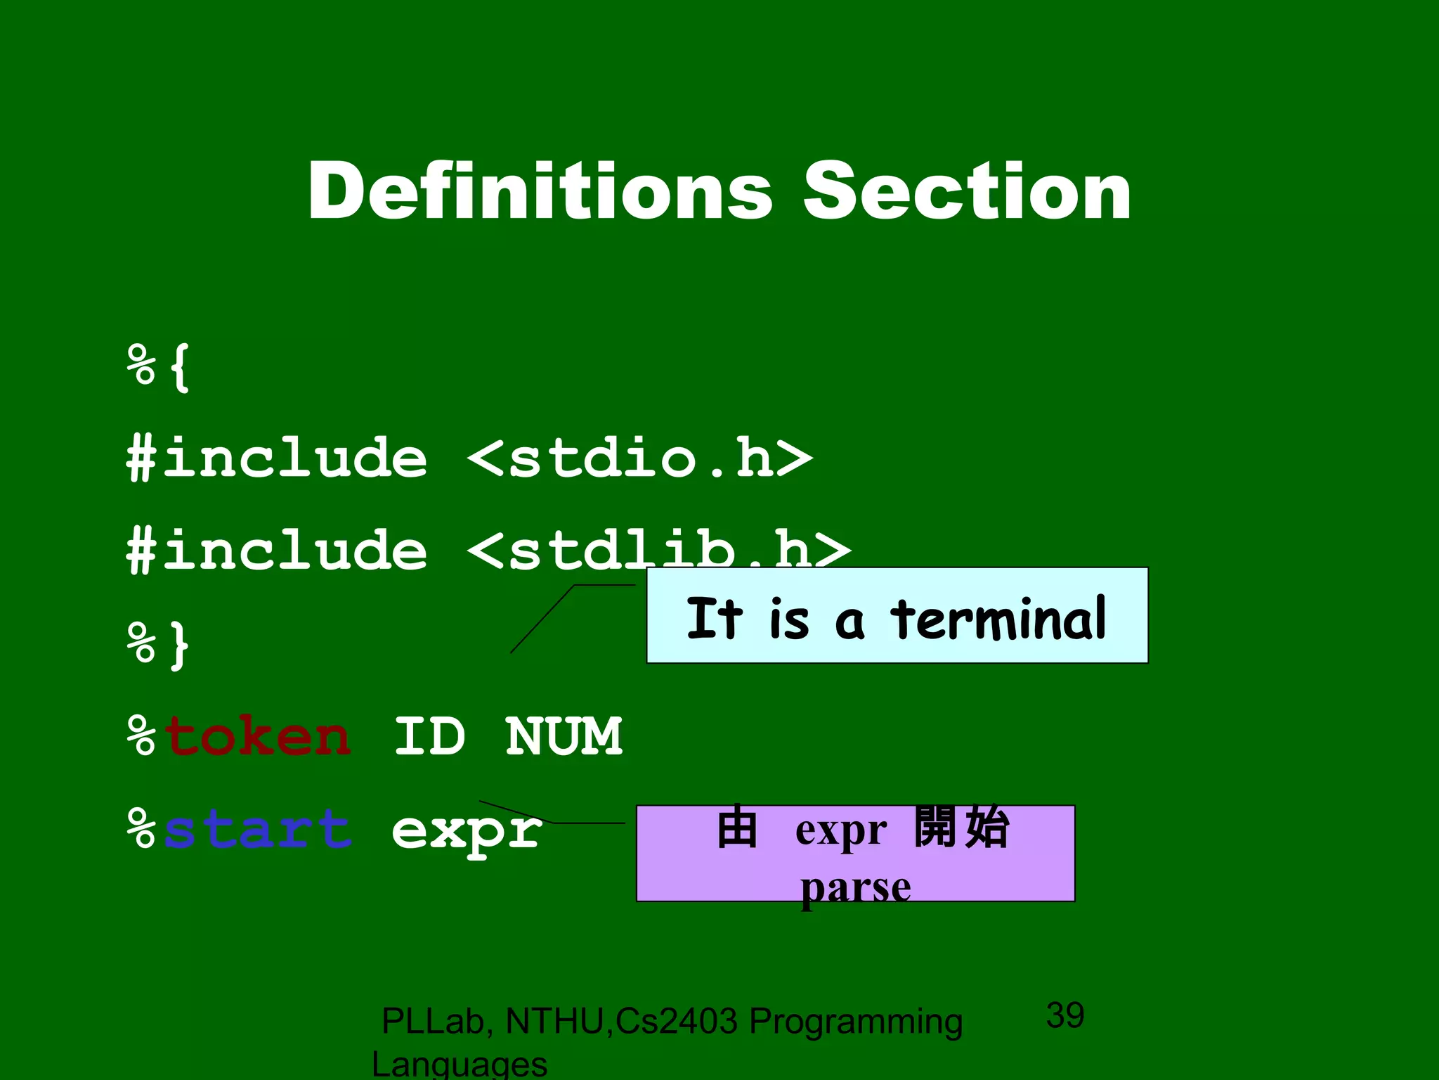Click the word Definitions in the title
point(540,191)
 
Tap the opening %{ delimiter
point(159,367)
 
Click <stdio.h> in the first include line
point(639,458)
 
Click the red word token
point(257,737)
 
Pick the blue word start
point(257,830)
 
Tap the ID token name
point(429,737)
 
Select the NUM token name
point(564,737)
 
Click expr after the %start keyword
point(467,831)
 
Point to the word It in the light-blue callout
point(714,619)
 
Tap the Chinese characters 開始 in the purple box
point(961,827)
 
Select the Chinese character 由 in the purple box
point(737,827)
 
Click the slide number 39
point(1065,1015)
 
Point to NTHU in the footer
point(554,1022)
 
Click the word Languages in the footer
point(460,1065)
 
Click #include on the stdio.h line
point(277,458)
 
